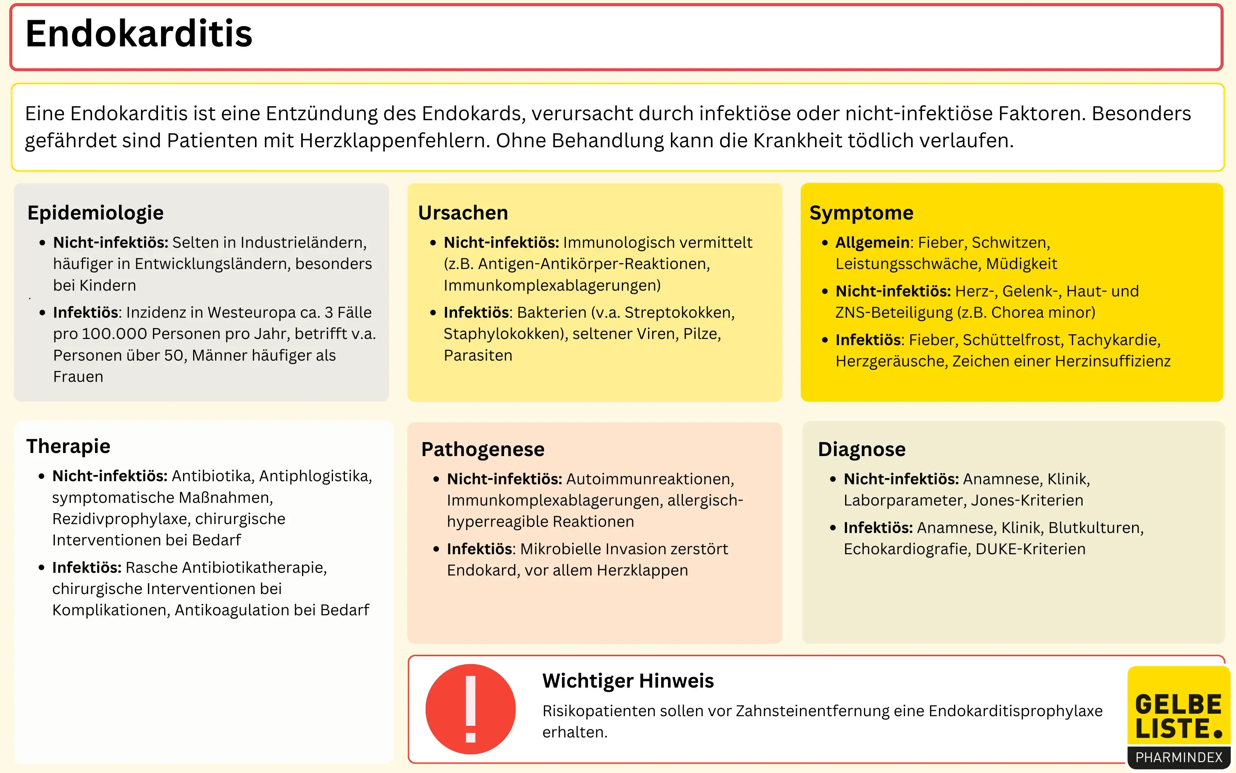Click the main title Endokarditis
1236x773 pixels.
click(x=139, y=34)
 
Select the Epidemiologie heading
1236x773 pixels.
click(x=95, y=213)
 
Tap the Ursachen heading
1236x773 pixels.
click(x=463, y=213)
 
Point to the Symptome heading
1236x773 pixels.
click(x=861, y=213)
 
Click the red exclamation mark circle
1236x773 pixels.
click(x=470, y=709)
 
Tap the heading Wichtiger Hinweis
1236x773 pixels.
click(x=628, y=681)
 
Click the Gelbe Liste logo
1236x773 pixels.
click(x=1178, y=716)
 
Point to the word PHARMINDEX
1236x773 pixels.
click(x=1179, y=757)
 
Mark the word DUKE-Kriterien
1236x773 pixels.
click(x=1030, y=549)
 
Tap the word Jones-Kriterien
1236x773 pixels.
click(x=1027, y=500)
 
